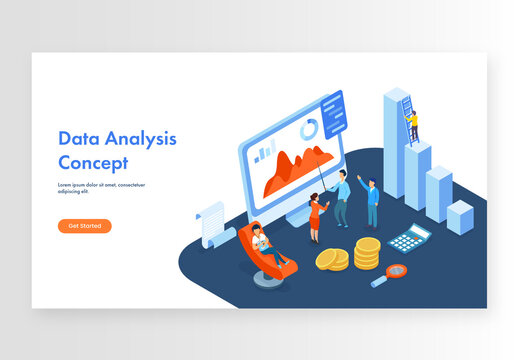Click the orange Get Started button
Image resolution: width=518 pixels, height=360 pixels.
(84, 226)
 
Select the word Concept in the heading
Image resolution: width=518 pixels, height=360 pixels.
(93, 162)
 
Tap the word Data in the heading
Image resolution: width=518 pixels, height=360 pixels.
(76, 139)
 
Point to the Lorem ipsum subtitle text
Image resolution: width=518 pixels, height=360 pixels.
(101, 188)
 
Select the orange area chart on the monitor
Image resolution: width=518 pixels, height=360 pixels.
(296, 169)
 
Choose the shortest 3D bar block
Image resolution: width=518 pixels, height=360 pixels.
(460, 216)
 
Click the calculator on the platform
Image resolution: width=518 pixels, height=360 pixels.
(408, 238)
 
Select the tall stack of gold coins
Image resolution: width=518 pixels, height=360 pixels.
(367, 253)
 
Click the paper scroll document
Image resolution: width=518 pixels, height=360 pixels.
(213, 225)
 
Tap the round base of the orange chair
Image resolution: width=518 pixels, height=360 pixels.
(264, 279)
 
